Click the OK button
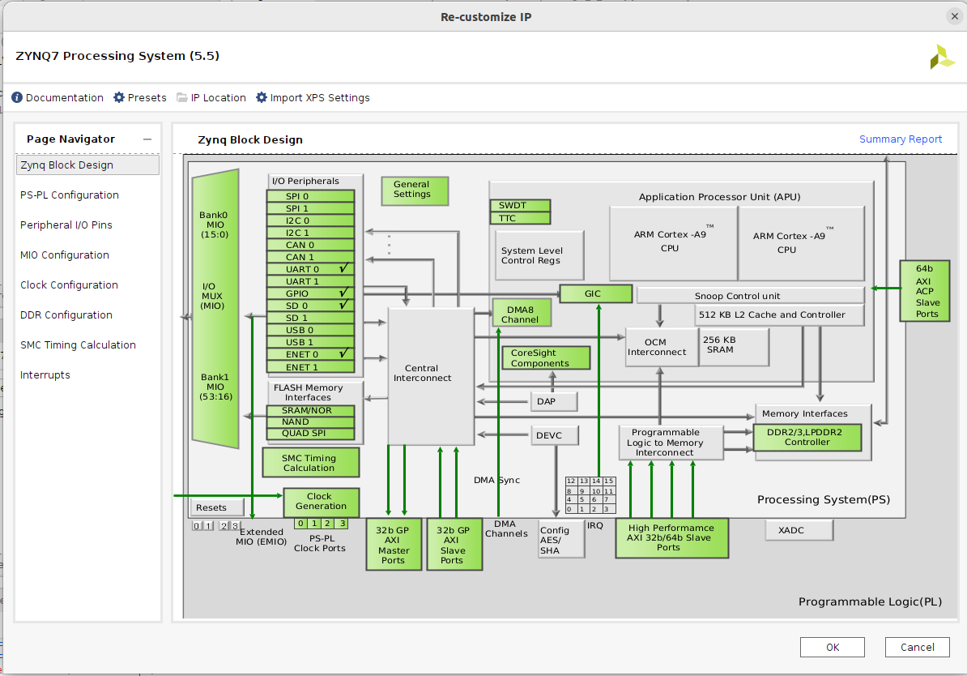point(832,647)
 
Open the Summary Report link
point(901,139)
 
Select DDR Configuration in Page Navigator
point(66,315)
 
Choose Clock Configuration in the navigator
point(69,285)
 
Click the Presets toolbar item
point(140,98)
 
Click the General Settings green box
point(415,190)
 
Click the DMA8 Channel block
point(522,314)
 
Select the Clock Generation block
point(321,502)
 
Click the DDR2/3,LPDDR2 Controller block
point(807,438)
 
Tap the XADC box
point(799,530)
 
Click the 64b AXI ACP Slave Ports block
point(924,291)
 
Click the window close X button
point(955,16)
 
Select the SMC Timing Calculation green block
point(309,463)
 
